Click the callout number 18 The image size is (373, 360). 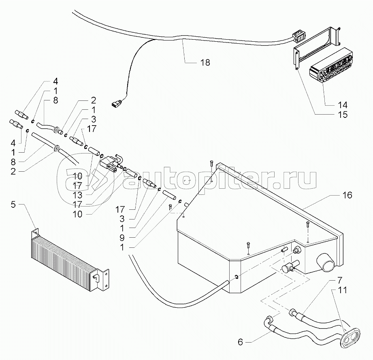(x=205, y=62)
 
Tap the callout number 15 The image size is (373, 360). (x=342, y=115)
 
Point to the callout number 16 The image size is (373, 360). (x=347, y=196)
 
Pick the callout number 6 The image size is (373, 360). (x=240, y=342)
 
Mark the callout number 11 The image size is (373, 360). (x=343, y=290)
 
